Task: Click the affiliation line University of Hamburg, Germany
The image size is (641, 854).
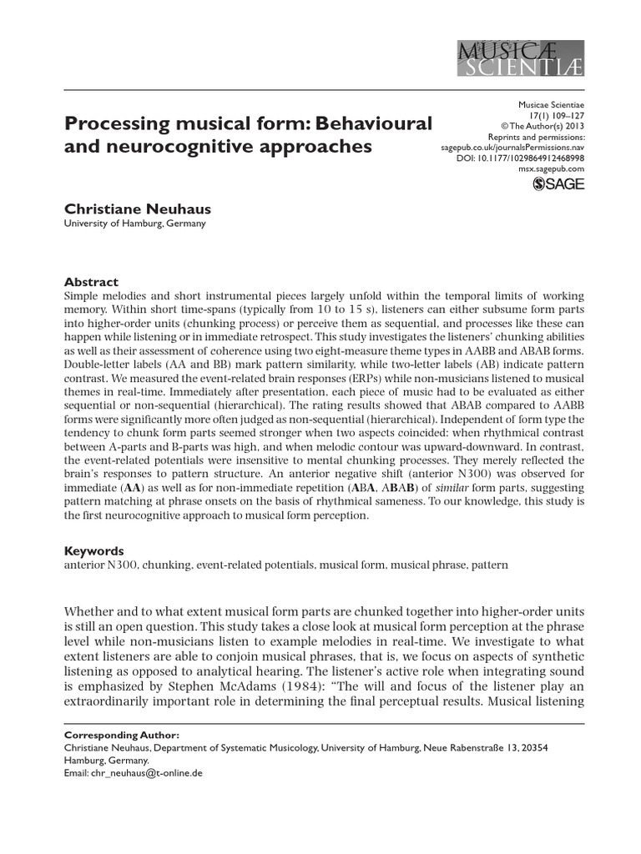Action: click(x=134, y=224)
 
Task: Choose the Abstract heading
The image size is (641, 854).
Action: click(x=92, y=282)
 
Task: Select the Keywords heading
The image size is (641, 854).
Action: click(x=94, y=550)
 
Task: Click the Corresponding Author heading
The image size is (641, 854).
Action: click(x=121, y=736)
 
